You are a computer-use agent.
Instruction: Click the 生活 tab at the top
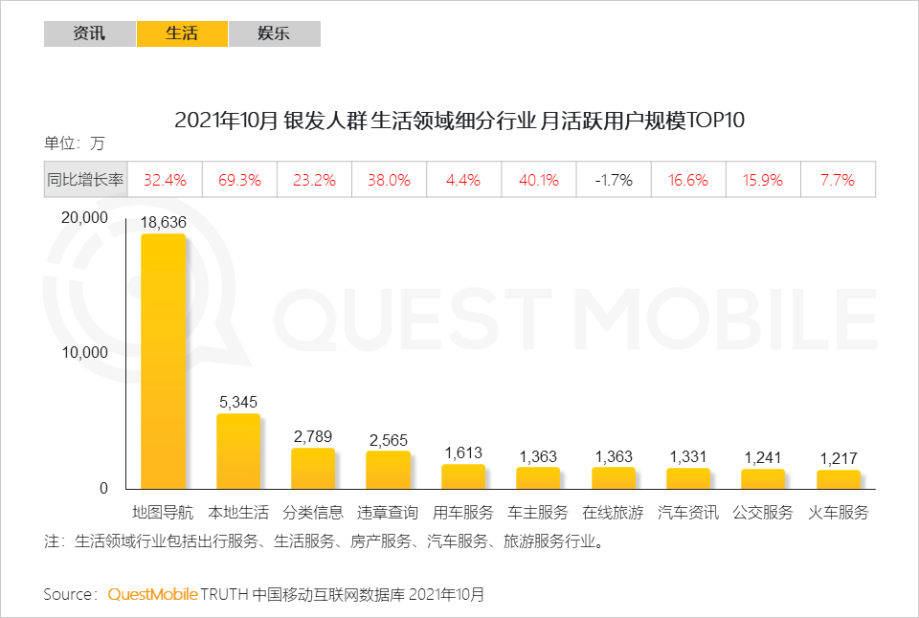click(x=182, y=33)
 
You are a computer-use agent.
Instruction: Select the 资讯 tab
click(x=90, y=33)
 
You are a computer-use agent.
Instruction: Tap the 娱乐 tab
click(x=274, y=33)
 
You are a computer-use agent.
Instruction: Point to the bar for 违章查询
click(x=388, y=470)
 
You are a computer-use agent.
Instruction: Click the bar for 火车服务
click(x=839, y=479)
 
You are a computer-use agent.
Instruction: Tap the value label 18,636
click(x=163, y=222)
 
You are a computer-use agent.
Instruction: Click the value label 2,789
click(x=313, y=436)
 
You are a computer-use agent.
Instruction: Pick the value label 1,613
click(x=463, y=452)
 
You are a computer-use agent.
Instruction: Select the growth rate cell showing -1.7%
click(x=614, y=180)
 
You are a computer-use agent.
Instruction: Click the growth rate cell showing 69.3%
click(x=239, y=180)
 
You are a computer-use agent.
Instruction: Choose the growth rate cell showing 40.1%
click(x=538, y=180)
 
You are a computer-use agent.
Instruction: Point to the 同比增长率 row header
click(x=85, y=180)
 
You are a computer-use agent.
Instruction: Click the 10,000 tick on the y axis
click(x=84, y=352)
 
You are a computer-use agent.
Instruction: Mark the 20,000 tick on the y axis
click(x=84, y=217)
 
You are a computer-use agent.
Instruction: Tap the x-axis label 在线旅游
click(x=613, y=513)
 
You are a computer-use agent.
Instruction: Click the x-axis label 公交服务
click(x=763, y=513)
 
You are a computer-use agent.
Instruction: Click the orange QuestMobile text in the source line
click(x=152, y=594)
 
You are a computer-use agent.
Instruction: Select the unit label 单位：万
click(x=74, y=144)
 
